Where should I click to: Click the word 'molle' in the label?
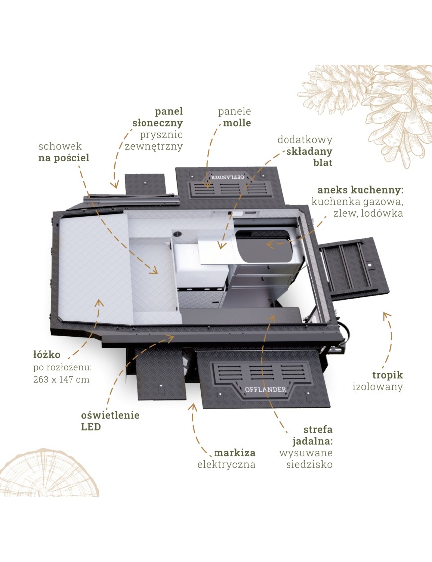237,123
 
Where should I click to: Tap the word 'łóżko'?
47,355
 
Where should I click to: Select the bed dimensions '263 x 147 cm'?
61,379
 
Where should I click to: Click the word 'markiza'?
235,453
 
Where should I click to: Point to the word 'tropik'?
388,375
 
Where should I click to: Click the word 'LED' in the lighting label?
91,427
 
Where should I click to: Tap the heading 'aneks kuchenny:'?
360,190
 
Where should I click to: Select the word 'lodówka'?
382,213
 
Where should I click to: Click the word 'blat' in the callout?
323,162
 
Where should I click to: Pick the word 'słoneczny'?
157,123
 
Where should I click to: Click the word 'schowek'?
60,146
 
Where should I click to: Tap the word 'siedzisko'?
309,465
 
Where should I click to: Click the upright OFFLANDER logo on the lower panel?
266,389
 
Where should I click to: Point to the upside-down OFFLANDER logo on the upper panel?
227,177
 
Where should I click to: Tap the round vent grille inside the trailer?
177,234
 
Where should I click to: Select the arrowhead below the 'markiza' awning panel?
192,408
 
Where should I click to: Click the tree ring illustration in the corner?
49,473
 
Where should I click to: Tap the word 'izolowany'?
377,387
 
